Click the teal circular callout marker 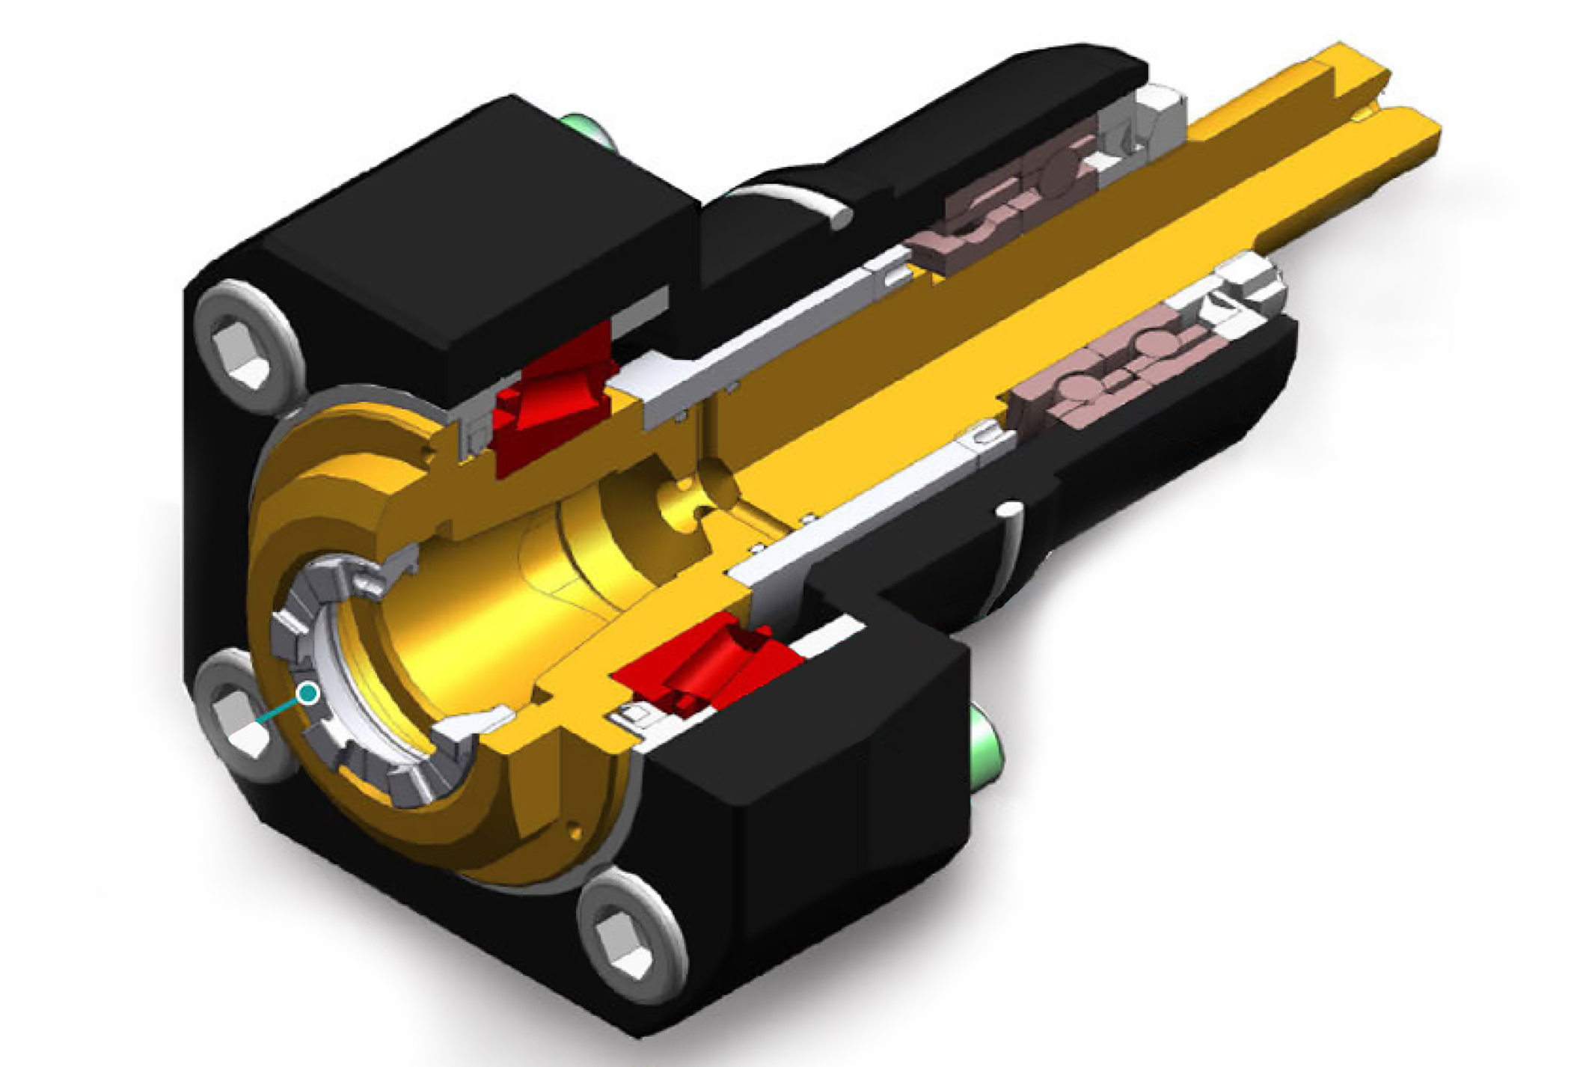tap(307, 694)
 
